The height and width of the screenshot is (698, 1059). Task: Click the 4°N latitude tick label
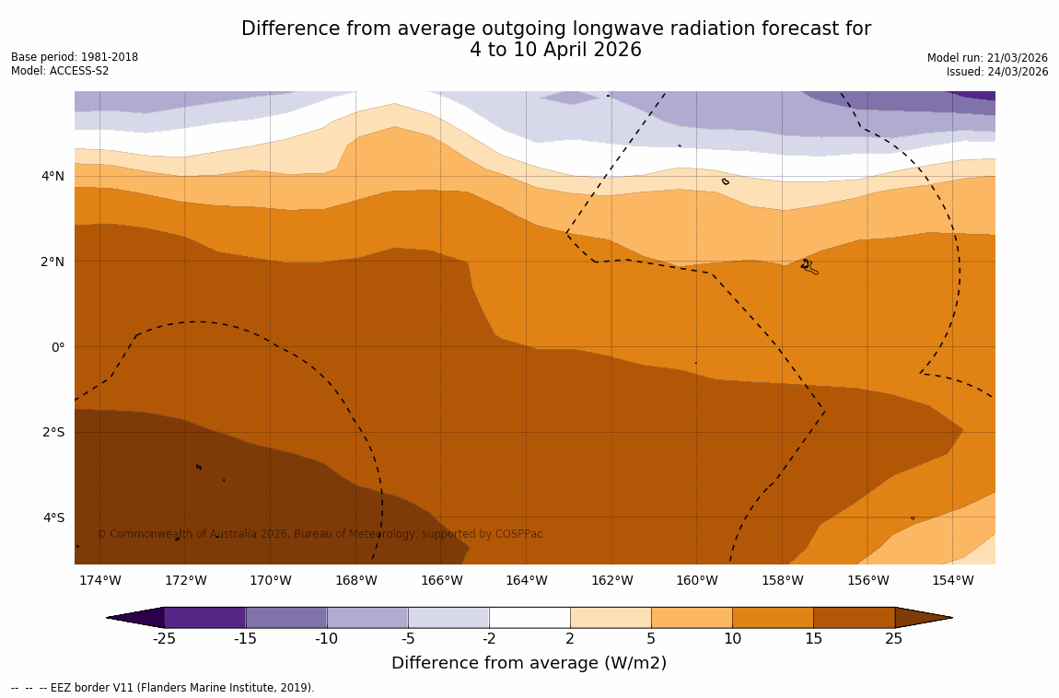52,176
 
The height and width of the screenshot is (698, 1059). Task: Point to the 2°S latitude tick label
52,432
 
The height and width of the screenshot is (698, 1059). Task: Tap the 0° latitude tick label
58,347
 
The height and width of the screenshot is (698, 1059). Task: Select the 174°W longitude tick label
99,580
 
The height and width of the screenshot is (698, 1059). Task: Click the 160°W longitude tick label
696,580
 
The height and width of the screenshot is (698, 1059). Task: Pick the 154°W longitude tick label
952,580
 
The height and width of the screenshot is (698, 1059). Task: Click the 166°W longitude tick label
441,580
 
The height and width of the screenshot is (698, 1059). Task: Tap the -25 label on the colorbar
164,639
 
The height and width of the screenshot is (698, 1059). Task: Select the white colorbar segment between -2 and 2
529,617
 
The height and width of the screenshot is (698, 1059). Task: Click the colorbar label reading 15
813,639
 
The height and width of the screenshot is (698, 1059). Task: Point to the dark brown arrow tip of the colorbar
923,617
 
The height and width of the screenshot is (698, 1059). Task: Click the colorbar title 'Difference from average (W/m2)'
529,663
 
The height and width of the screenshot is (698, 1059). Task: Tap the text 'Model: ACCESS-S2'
60,71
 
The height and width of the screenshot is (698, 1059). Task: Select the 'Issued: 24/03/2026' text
997,72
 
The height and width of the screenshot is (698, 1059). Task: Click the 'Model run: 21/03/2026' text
987,58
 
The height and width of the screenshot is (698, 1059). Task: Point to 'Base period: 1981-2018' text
75,57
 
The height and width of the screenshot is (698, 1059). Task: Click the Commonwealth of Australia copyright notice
320,534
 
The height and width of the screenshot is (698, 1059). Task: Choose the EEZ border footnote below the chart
162,688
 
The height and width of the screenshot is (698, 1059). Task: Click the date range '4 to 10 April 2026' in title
555,51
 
